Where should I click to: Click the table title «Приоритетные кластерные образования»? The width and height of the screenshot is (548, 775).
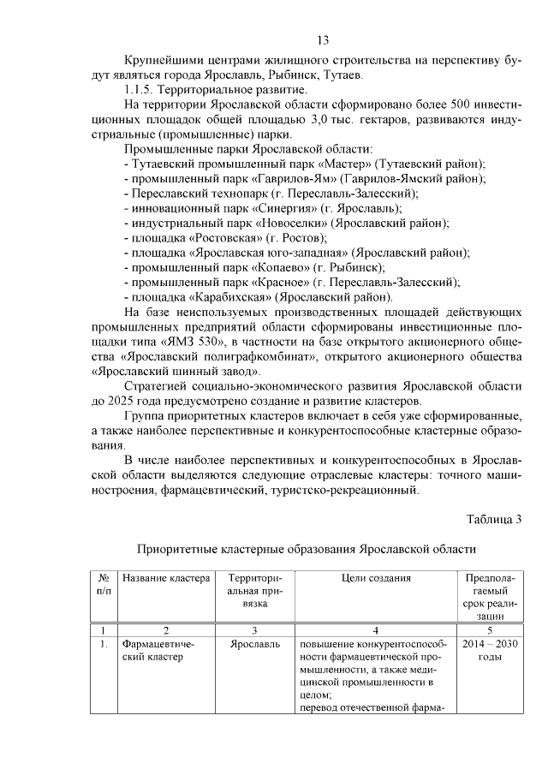[306, 549]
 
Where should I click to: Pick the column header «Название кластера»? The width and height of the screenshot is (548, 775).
[166, 578]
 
